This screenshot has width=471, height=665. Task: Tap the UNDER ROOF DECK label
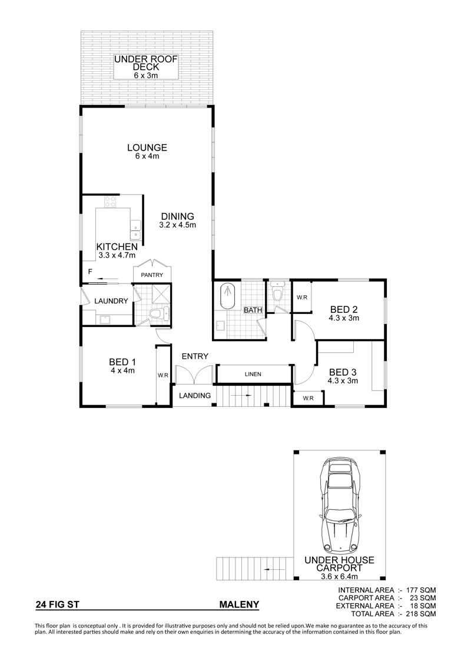pos(145,63)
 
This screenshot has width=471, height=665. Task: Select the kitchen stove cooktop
pos(111,201)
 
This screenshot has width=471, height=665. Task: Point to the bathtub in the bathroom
pos(227,296)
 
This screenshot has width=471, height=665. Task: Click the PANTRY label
pos(152,275)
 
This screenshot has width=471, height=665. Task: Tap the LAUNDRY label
pos(111,301)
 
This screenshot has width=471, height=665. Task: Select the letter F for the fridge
pos(90,271)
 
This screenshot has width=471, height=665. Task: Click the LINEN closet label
pos(253,374)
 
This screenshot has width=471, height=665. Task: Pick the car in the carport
pos(341,505)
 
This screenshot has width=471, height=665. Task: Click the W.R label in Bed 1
pos(162,375)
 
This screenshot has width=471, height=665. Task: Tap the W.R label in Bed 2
pos(302,298)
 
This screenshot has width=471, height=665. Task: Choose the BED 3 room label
pos(343,372)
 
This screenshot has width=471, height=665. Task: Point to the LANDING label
pos(194,396)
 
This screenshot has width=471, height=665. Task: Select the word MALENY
pos(239,605)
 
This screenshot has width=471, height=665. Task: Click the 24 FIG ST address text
pos(58,605)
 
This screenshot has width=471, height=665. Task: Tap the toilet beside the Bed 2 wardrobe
pos(278,293)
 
